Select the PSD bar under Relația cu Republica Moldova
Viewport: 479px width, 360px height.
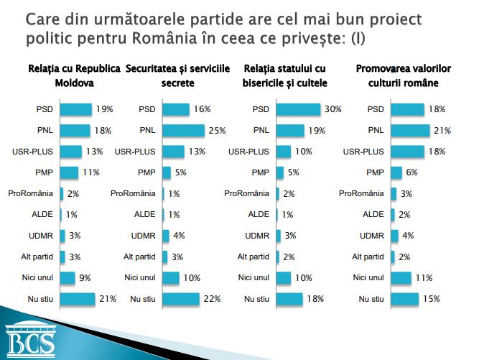75,109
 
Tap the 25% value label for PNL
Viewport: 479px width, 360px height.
217,130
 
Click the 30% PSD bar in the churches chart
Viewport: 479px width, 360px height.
297,109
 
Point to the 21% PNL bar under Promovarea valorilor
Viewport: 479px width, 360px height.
409,130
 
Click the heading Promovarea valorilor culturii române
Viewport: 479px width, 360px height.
403,75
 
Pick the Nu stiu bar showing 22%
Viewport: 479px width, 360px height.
183,298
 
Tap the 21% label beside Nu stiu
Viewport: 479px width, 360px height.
108,298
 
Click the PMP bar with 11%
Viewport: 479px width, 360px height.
69,172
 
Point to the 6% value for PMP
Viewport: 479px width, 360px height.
412,172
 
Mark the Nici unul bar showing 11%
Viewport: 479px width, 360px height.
401,277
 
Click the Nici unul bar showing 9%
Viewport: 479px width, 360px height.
68,277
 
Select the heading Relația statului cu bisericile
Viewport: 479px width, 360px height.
285,75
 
